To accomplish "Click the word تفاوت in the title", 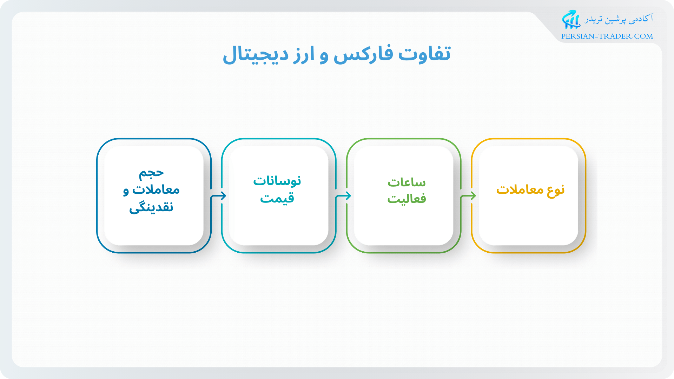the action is [x=424, y=54].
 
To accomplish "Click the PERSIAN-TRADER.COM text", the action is [x=607, y=36].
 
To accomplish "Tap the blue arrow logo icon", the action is [x=571, y=19].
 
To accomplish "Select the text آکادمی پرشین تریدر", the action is [x=619, y=19].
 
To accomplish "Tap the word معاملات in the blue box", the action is [x=156, y=189].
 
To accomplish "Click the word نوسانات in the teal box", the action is [x=277, y=181].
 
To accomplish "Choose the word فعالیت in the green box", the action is [x=407, y=199].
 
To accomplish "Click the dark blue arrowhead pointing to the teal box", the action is [x=223, y=195].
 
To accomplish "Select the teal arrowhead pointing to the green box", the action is [x=348, y=195].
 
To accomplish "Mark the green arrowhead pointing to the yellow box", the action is [x=473, y=195].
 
